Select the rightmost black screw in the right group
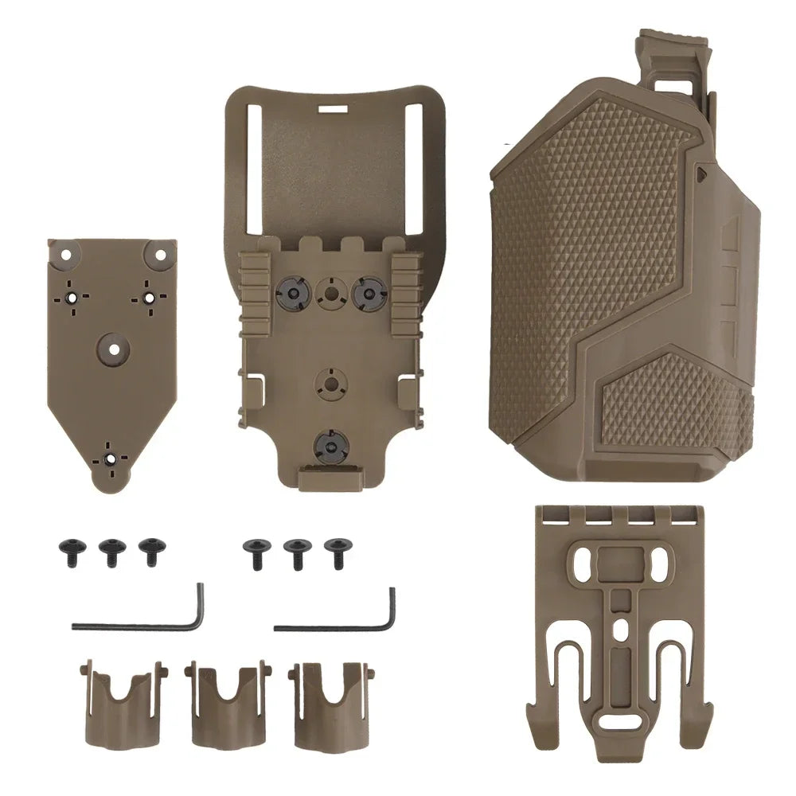coord(336,548)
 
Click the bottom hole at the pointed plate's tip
coord(110,458)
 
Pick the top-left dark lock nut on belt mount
coord(292,291)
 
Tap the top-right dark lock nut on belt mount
coord(368,291)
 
